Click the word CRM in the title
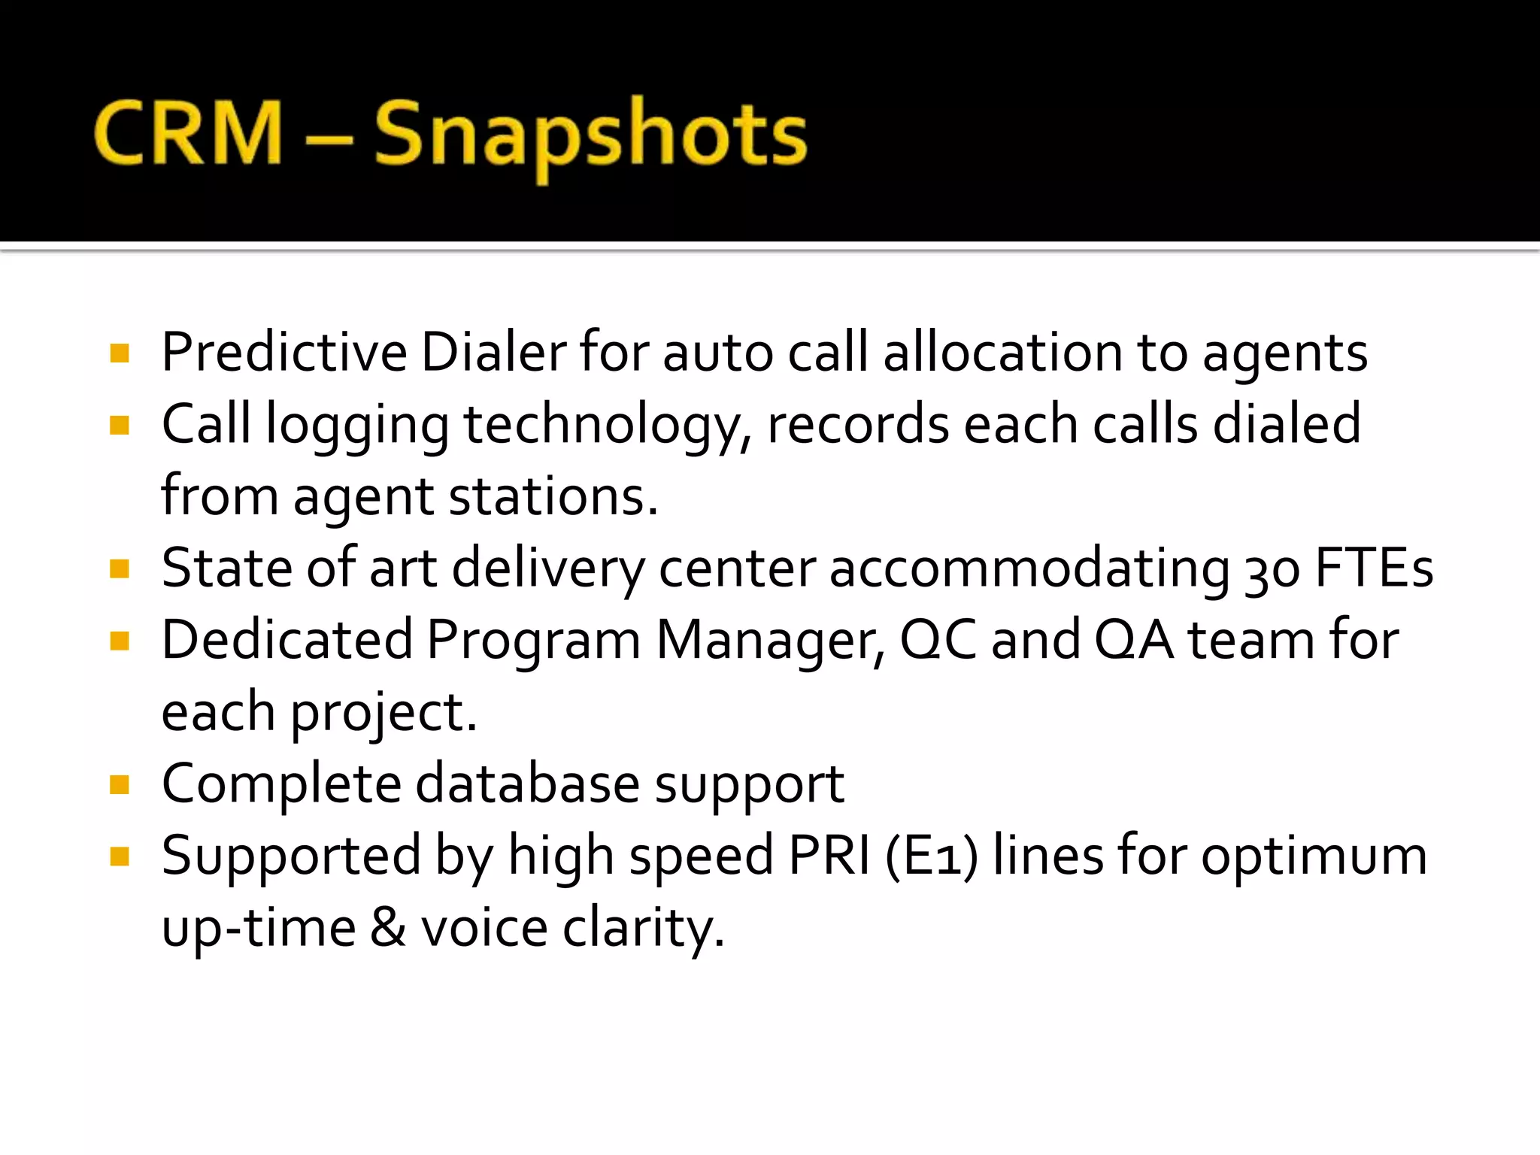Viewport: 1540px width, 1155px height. (x=188, y=133)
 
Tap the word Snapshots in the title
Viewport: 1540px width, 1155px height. (x=590, y=135)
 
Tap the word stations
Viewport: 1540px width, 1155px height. (x=553, y=496)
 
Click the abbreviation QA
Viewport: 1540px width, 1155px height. (x=1133, y=641)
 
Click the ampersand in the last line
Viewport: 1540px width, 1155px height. (x=388, y=927)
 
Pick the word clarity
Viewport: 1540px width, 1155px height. (x=644, y=929)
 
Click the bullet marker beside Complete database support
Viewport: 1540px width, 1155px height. (x=120, y=785)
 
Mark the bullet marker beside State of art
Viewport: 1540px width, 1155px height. (x=120, y=569)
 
